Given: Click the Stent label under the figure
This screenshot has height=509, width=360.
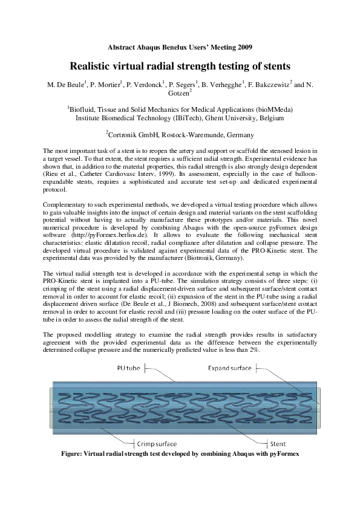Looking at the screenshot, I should tap(278, 443).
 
